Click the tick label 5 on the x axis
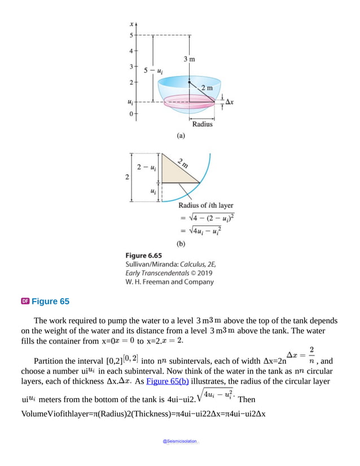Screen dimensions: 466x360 point(131,36)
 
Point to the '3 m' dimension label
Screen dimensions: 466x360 point(190,59)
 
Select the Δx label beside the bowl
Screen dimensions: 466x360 point(230,102)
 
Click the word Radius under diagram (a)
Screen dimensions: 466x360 point(203,124)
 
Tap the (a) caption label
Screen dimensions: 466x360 point(181,136)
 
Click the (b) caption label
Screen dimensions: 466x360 point(181,244)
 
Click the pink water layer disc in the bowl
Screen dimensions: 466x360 point(181,103)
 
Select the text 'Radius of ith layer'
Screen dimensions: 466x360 point(206,206)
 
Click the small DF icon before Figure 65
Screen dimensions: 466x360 point(25,301)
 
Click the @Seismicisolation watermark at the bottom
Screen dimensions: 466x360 point(181,441)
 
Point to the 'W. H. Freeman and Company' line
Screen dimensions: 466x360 point(170,281)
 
